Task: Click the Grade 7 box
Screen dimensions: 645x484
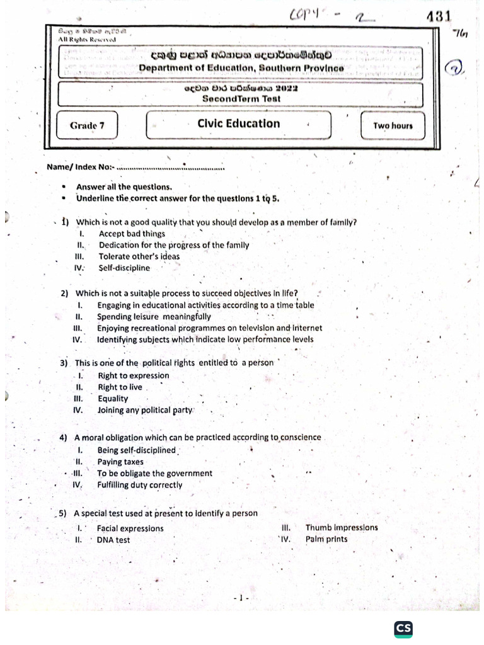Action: pos(88,125)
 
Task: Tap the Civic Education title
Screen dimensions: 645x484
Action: pos(238,123)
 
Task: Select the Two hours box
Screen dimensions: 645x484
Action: pos(393,125)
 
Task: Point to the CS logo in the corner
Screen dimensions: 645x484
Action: pos(403,629)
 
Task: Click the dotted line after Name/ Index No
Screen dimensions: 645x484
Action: pos(171,168)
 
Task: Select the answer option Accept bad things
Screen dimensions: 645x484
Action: pos(132,234)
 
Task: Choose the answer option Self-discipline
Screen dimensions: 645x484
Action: pos(124,268)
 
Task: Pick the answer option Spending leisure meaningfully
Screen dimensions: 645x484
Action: pos(154,317)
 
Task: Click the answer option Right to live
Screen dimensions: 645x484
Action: pos(120,387)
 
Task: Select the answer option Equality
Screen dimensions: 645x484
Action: pos(113,399)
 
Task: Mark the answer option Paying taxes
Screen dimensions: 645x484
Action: pos(120,462)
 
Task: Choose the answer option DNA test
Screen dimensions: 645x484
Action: pos(113,540)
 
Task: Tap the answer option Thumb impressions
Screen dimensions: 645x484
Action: pos(342,528)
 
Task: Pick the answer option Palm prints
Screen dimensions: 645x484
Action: pos(326,539)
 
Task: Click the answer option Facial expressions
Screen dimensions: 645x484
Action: pos(130,528)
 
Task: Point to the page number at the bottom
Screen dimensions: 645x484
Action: pos(241,597)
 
